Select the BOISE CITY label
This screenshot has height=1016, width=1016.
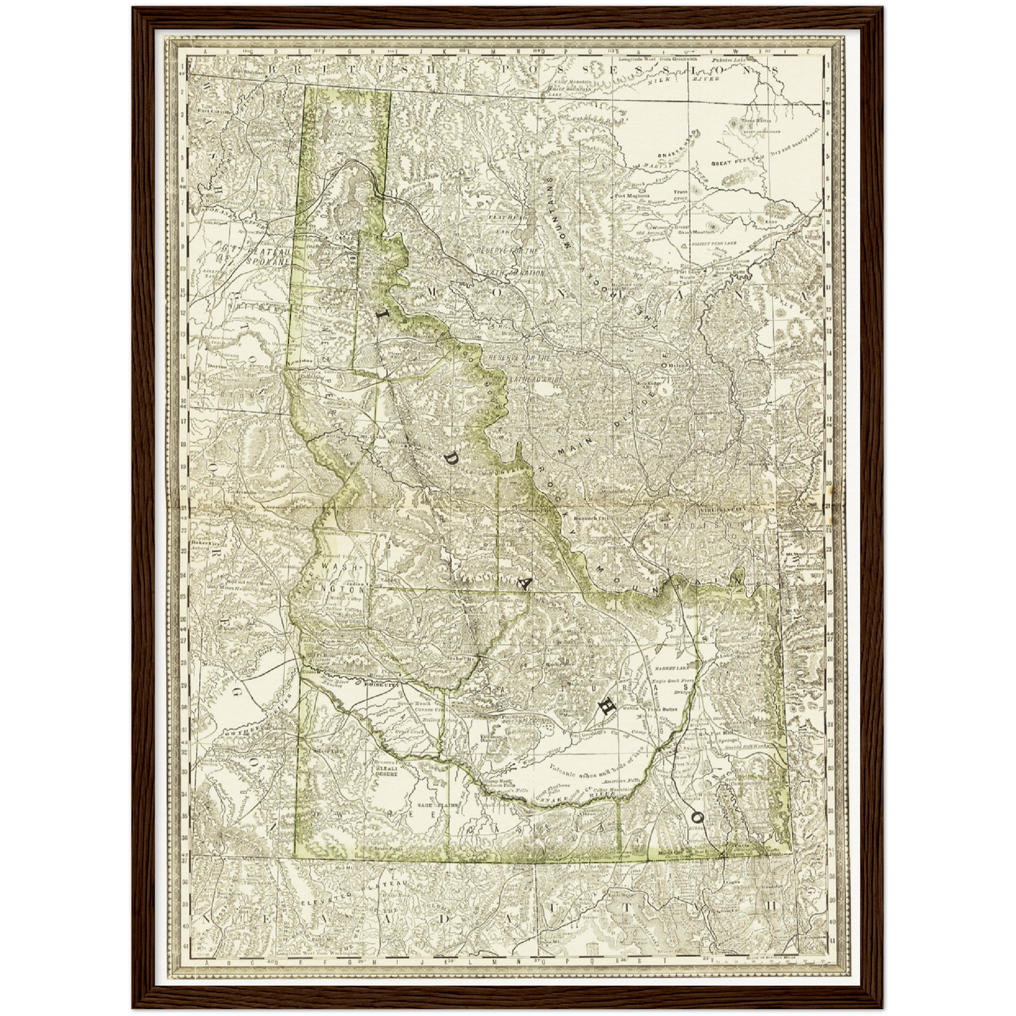point(382,683)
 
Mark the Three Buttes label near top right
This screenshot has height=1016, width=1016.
point(756,120)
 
